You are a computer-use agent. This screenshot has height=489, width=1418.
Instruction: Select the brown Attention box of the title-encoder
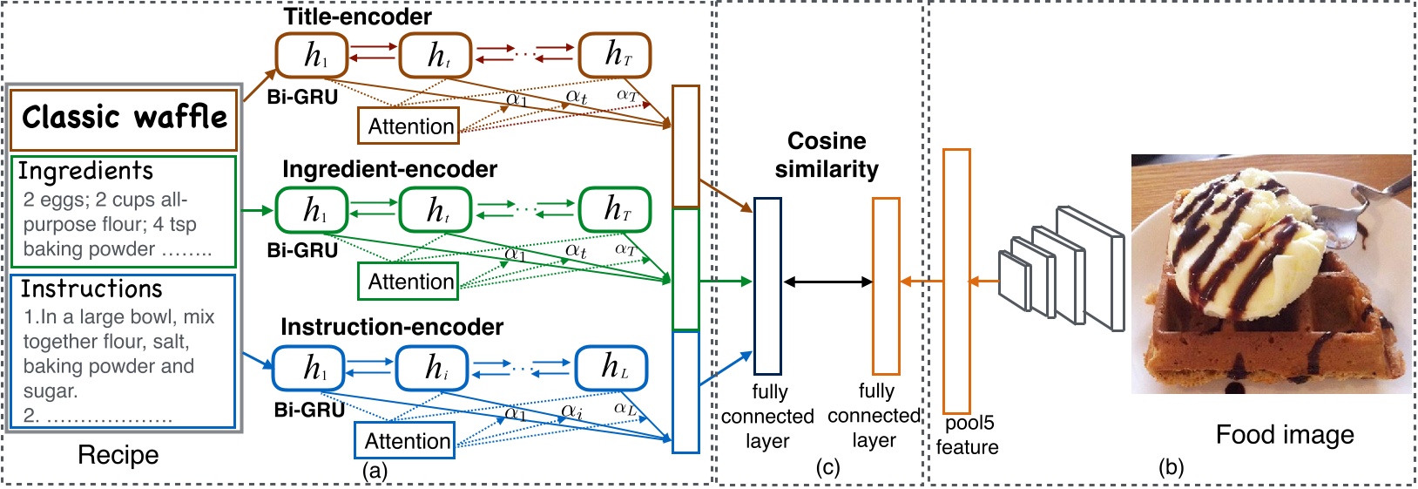pyautogui.click(x=409, y=126)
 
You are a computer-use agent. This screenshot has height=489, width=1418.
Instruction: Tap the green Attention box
pyautogui.click(x=409, y=282)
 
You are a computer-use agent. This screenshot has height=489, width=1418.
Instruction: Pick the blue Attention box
pyautogui.click(x=406, y=441)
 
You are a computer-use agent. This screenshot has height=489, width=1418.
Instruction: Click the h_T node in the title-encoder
pyautogui.click(x=615, y=55)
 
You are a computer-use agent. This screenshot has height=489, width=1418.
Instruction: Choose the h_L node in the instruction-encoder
pyautogui.click(x=611, y=368)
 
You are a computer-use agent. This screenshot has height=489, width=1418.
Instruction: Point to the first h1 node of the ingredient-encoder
pyautogui.click(x=312, y=210)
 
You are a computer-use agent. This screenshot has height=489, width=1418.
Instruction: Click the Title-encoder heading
pyautogui.click(x=357, y=17)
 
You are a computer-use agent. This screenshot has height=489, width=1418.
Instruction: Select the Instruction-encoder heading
pyautogui.click(x=392, y=327)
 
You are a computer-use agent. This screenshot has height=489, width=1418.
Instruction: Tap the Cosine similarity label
pyautogui.click(x=827, y=155)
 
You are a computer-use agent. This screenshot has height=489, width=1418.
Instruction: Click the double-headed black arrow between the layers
pyautogui.click(x=827, y=282)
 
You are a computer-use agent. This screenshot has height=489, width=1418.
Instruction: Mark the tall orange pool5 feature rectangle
pyautogui.click(x=956, y=281)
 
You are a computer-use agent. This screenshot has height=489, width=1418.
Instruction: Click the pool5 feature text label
pyautogui.click(x=968, y=435)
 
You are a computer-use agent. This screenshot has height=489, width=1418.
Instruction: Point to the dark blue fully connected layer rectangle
pyautogui.click(x=767, y=286)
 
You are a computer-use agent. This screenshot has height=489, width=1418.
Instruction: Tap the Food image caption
pyautogui.click(x=1285, y=435)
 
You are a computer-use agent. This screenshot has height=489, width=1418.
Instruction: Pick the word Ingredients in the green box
pyautogui.click(x=85, y=171)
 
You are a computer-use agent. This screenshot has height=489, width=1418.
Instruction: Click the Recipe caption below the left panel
pyautogui.click(x=118, y=455)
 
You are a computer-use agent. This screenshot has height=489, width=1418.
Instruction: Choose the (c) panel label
pyautogui.click(x=827, y=468)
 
